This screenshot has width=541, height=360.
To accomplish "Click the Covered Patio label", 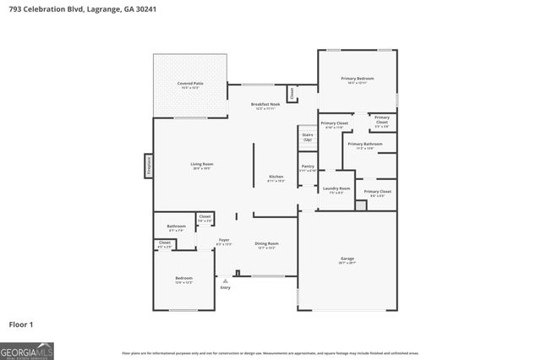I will (x=190, y=84).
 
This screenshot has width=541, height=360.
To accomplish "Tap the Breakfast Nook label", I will (x=265, y=105).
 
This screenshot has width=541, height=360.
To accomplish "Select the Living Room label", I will (x=201, y=164).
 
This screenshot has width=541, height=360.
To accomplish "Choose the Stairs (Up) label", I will (x=307, y=137).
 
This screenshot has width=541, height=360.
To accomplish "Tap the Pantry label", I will (x=307, y=167).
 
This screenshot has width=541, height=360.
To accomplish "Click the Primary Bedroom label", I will (x=357, y=79).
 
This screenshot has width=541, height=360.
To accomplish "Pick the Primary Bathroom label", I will (x=365, y=144).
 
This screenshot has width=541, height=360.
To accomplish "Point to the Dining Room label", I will (x=266, y=244).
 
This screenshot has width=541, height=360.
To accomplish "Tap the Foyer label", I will (x=224, y=240).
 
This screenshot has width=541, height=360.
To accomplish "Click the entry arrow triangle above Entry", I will (x=225, y=281).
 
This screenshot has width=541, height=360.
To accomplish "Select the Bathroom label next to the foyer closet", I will (x=176, y=226).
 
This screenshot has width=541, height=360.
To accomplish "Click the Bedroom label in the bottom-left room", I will (x=183, y=278).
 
